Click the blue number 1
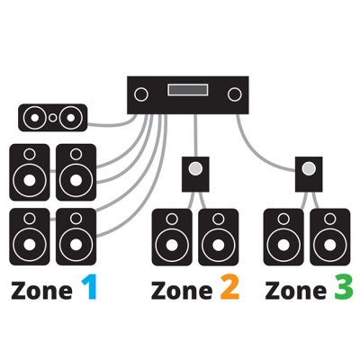click(89, 287)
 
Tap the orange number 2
click(229, 288)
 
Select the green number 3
click(343, 288)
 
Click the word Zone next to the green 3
click(295, 291)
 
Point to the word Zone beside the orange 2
click(182, 291)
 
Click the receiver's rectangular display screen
click(188, 90)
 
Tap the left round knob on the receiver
click(141, 94)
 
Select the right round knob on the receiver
click(235, 94)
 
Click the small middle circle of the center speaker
click(52, 118)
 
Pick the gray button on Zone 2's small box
click(195, 169)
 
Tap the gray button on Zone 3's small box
click(309, 169)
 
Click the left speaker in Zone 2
click(172, 238)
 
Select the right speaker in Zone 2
click(219, 238)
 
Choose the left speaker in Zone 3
click(283, 238)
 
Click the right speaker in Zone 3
click(330, 238)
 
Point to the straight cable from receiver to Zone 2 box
click(195, 135)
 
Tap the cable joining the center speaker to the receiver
click(112, 123)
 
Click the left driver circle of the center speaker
click(35, 118)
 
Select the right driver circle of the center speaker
click(71, 118)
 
